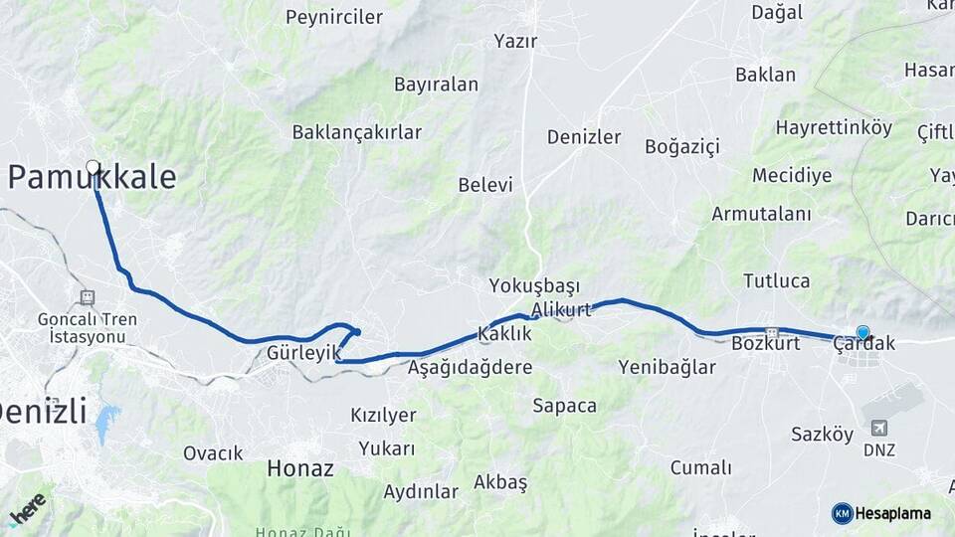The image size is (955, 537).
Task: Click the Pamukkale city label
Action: pos(93,178)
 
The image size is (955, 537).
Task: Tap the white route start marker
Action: pos(93,166)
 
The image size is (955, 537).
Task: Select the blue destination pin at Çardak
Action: pos(862,333)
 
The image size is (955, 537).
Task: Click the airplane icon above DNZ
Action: pos(878,428)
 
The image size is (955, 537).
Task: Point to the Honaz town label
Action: pos(299,467)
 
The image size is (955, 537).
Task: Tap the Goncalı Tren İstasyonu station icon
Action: pos(88,296)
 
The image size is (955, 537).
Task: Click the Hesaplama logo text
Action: pos(892,513)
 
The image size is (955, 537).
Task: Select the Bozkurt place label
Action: pos(765,344)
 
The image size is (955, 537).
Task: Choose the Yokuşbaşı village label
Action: pos(534,286)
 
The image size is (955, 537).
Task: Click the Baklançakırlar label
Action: pos(356,132)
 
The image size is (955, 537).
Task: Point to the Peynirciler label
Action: pos(334,17)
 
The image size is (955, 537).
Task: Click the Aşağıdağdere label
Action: pos(470,367)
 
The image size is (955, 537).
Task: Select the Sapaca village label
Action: pos(564,406)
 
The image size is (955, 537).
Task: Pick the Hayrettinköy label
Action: pos(834,128)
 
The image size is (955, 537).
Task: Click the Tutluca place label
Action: pos(776,281)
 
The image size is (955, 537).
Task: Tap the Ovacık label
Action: pos(213,453)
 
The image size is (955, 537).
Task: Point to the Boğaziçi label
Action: pos(681,147)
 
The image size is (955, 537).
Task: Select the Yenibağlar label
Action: pos(667,368)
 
